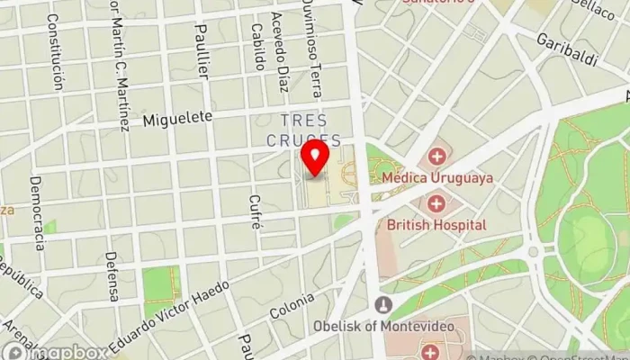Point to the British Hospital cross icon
436,204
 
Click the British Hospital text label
436,224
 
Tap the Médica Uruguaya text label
437,178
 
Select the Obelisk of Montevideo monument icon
384,304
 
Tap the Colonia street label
292,306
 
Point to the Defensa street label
112,275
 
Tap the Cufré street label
256,212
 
